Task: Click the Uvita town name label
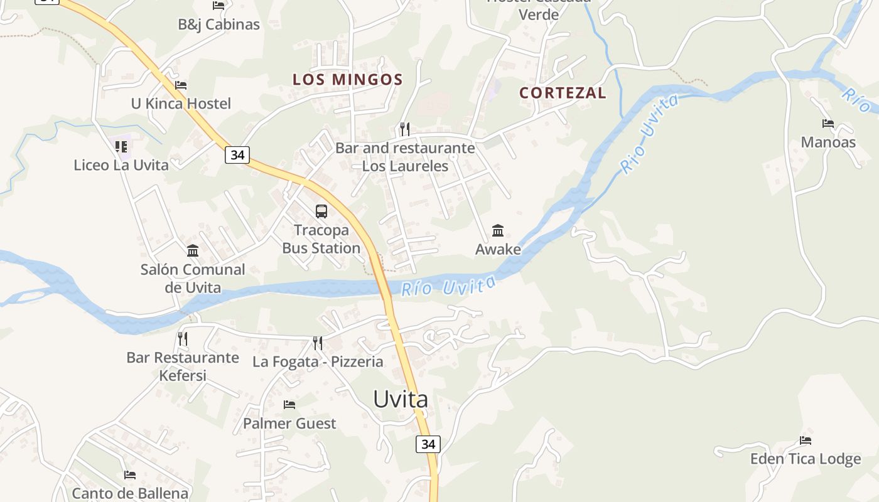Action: [401, 399]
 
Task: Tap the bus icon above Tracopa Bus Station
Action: [321, 211]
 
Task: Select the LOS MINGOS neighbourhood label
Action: [347, 80]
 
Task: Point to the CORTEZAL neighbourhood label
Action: [563, 93]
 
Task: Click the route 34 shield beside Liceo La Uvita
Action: [237, 154]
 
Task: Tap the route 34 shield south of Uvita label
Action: [428, 444]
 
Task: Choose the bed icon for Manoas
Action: [828, 124]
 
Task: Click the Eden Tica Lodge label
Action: [806, 459]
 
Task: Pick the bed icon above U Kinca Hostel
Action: [181, 85]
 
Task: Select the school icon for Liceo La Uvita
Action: [121, 147]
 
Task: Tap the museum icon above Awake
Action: [498, 230]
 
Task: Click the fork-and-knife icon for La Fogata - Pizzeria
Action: [318, 343]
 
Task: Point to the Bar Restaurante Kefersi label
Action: [183, 366]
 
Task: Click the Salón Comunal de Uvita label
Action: [193, 279]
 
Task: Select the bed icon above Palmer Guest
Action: [289, 405]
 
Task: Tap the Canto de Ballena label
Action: [130, 493]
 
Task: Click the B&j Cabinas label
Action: [218, 24]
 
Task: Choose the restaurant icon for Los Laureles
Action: [405, 129]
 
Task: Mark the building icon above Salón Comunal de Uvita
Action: [193, 251]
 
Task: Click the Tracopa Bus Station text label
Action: [321, 239]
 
